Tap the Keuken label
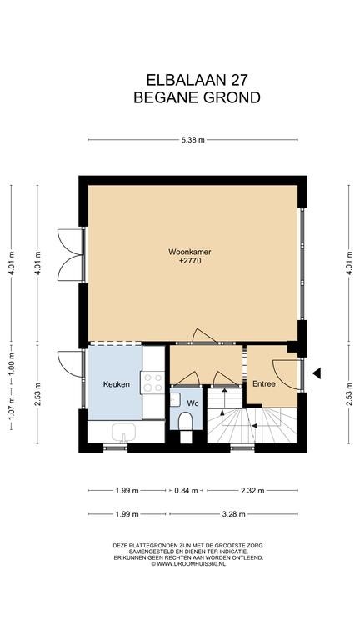(x=117, y=384)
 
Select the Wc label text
(x=192, y=403)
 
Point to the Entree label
(x=263, y=384)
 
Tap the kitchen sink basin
(x=124, y=431)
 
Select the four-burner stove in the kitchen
(x=152, y=382)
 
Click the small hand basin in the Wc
(x=175, y=400)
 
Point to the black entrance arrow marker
(x=317, y=372)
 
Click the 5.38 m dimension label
(x=192, y=140)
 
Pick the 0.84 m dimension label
(x=186, y=491)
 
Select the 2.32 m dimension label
(x=252, y=491)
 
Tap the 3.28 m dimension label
(x=233, y=514)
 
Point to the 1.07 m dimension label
(x=12, y=407)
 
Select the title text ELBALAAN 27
(x=197, y=80)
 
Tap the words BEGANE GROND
(x=197, y=98)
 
